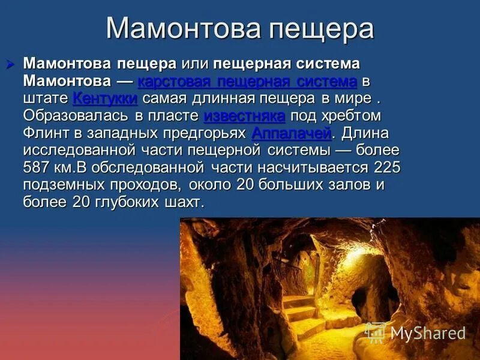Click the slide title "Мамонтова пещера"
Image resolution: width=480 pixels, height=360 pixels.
(240, 28)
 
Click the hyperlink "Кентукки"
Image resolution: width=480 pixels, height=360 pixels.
(105, 98)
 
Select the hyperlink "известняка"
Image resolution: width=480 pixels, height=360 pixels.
(244, 116)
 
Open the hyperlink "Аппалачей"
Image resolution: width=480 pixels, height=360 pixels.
(291, 133)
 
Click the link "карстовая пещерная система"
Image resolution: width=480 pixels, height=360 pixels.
(247, 81)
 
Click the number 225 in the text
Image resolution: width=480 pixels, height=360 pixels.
(387, 167)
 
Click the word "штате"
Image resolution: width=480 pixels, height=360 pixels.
(45, 98)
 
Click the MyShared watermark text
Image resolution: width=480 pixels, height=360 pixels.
(428, 333)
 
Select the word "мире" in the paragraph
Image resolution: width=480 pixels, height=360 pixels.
(343, 98)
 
